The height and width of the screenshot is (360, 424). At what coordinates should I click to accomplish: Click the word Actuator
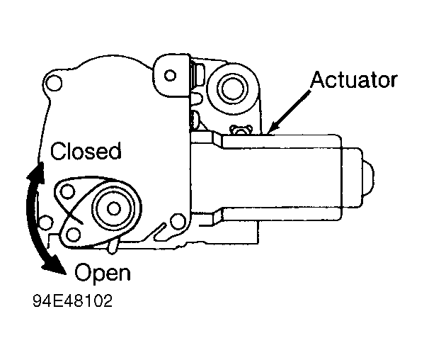(354, 79)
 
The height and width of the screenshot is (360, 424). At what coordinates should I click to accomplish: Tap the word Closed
(86, 150)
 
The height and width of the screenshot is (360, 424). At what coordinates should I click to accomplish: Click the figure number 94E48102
(72, 301)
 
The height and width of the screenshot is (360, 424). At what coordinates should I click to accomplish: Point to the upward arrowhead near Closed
(36, 172)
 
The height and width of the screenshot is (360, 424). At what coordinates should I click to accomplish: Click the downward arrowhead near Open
(55, 264)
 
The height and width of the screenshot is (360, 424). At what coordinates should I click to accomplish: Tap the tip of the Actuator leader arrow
(268, 133)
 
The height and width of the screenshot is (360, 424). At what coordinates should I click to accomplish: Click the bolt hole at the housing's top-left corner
(54, 83)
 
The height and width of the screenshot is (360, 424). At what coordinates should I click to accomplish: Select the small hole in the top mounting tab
(170, 75)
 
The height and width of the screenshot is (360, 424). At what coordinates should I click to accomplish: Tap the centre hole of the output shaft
(113, 208)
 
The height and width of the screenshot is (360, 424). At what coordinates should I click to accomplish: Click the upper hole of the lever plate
(67, 191)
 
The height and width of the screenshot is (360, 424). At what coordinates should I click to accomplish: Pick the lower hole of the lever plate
(73, 235)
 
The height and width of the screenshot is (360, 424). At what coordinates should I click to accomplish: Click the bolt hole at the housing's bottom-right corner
(178, 221)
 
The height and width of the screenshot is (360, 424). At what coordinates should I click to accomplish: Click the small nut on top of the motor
(241, 130)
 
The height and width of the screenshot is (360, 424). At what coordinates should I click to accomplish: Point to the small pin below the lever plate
(113, 247)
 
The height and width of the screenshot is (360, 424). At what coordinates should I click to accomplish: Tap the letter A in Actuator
(318, 79)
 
